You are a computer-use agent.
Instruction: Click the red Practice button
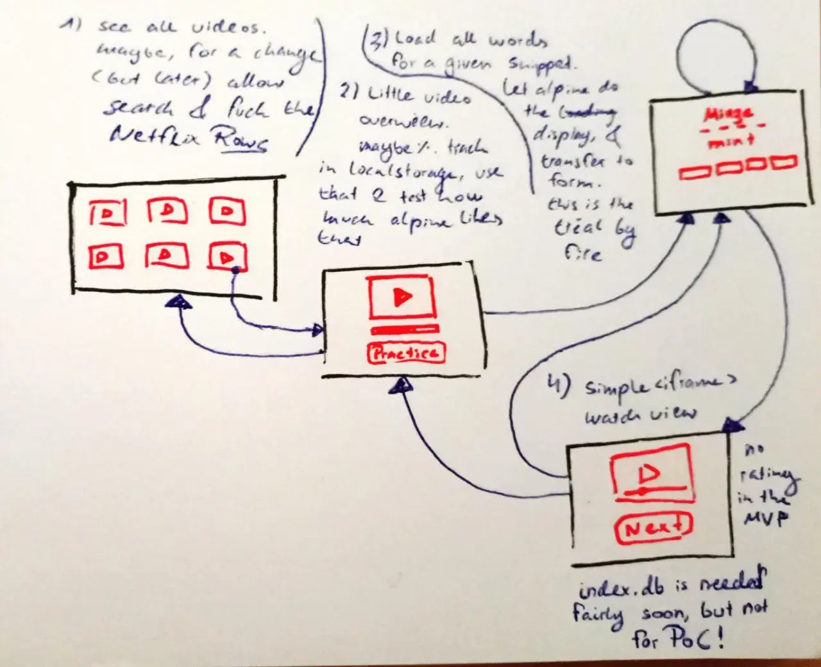[405, 353]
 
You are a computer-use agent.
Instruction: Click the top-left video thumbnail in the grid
[107, 212]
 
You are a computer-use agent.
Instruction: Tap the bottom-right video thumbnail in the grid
[226, 257]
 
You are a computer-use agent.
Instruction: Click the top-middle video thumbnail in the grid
[167, 210]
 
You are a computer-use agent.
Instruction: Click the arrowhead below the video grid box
[178, 303]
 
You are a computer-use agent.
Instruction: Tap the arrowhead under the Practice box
[402, 385]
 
